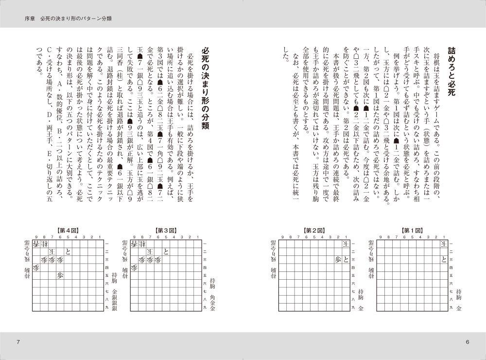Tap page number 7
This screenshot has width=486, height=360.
(x=18, y=342)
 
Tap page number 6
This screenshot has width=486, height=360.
(x=467, y=342)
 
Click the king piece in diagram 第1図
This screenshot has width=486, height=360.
(x=443, y=243)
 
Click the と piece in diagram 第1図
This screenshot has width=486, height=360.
(x=443, y=259)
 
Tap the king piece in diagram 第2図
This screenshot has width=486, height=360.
(x=346, y=243)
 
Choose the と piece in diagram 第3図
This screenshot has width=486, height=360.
(x=166, y=252)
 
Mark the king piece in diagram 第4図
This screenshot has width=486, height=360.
(x=52, y=252)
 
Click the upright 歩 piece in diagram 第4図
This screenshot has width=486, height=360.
(x=60, y=275)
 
